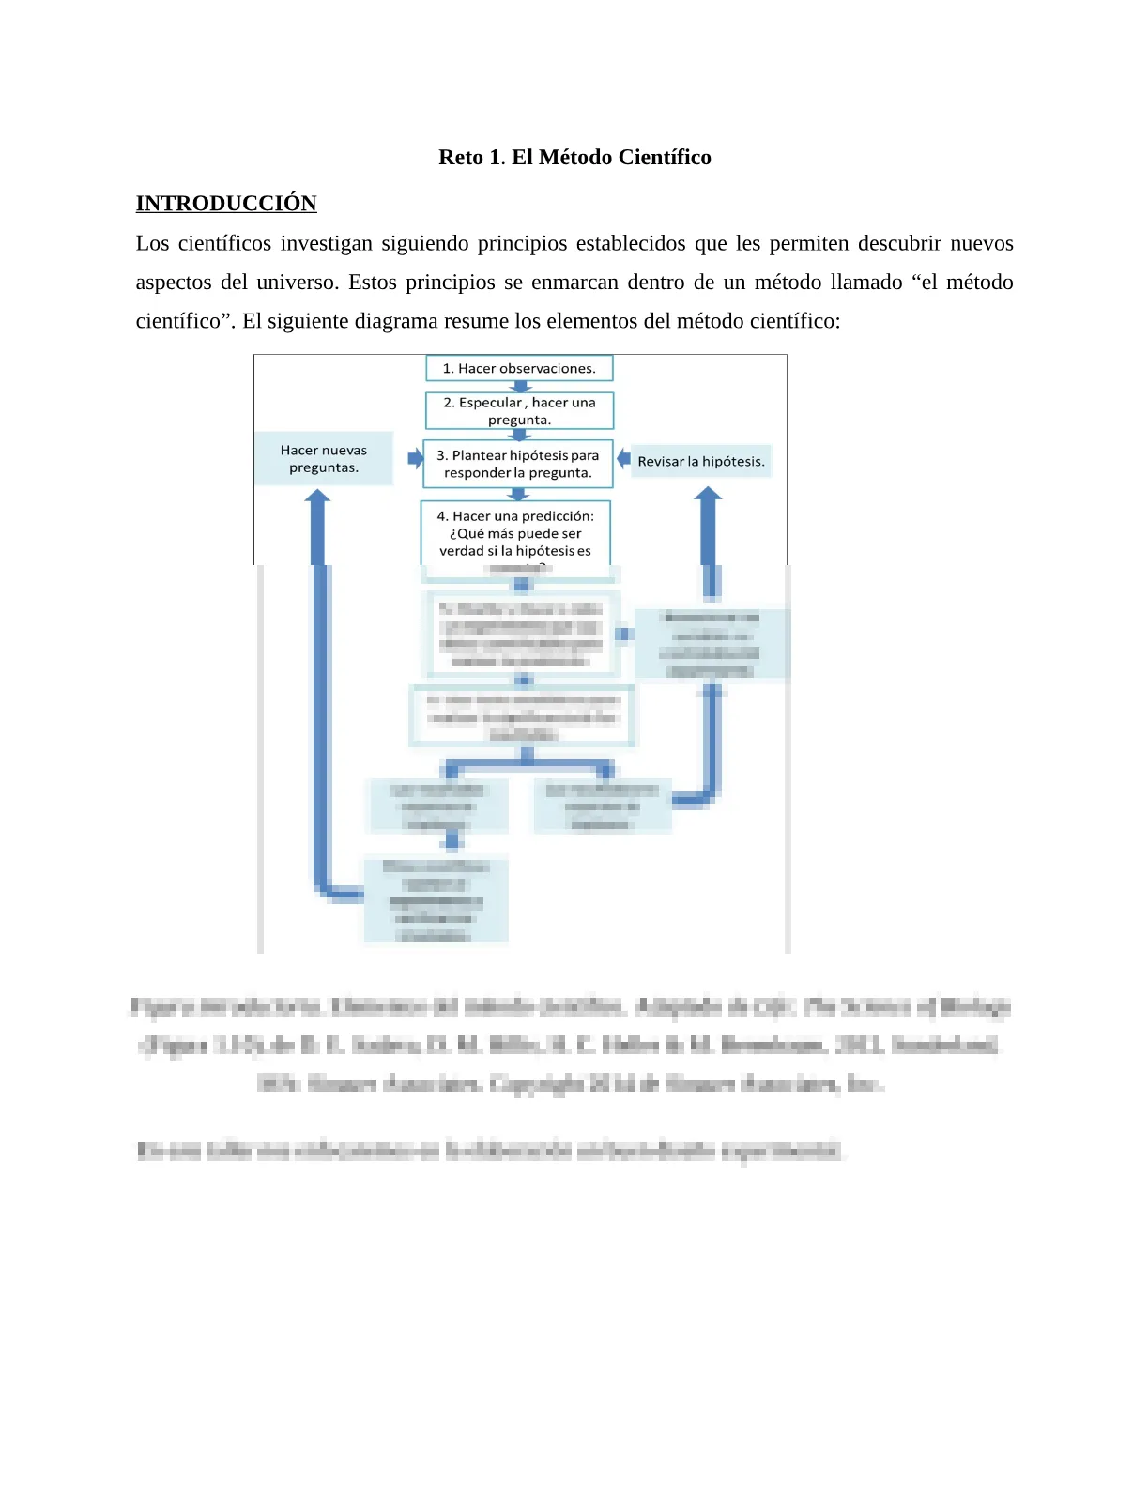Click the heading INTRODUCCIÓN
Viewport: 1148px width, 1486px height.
coord(226,204)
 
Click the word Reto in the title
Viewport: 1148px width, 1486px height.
coord(460,158)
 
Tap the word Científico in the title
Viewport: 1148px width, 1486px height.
coord(665,158)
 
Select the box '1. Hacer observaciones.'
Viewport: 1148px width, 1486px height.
coord(519,368)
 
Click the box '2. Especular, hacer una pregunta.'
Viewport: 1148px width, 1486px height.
coord(519,411)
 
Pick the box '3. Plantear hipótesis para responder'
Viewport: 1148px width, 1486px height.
coord(518,464)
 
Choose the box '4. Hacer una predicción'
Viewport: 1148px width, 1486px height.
coord(515,533)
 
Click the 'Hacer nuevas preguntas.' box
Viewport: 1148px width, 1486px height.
coord(324,459)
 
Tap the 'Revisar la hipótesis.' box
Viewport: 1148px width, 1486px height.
coord(701,461)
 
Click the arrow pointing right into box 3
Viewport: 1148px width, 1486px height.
coord(415,459)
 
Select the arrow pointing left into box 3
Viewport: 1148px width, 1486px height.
coord(623,459)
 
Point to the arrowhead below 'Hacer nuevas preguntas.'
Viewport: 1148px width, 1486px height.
coord(318,498)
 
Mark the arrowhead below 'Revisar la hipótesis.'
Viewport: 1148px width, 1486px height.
coord(708,495)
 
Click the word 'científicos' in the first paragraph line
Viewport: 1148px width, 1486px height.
coord(223,244)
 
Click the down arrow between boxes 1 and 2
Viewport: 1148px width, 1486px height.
coord(519,387)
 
